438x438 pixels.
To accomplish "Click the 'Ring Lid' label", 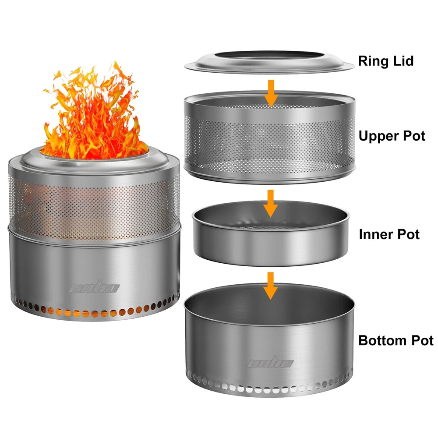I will (x=385, y=61).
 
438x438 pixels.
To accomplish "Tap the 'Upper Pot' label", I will (x=392, y=136).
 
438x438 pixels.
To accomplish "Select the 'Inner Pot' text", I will (x=389, y=234).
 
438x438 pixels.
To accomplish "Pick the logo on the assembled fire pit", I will (x=94, y=288).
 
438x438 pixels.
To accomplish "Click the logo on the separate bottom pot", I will (x=270, y=363).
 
